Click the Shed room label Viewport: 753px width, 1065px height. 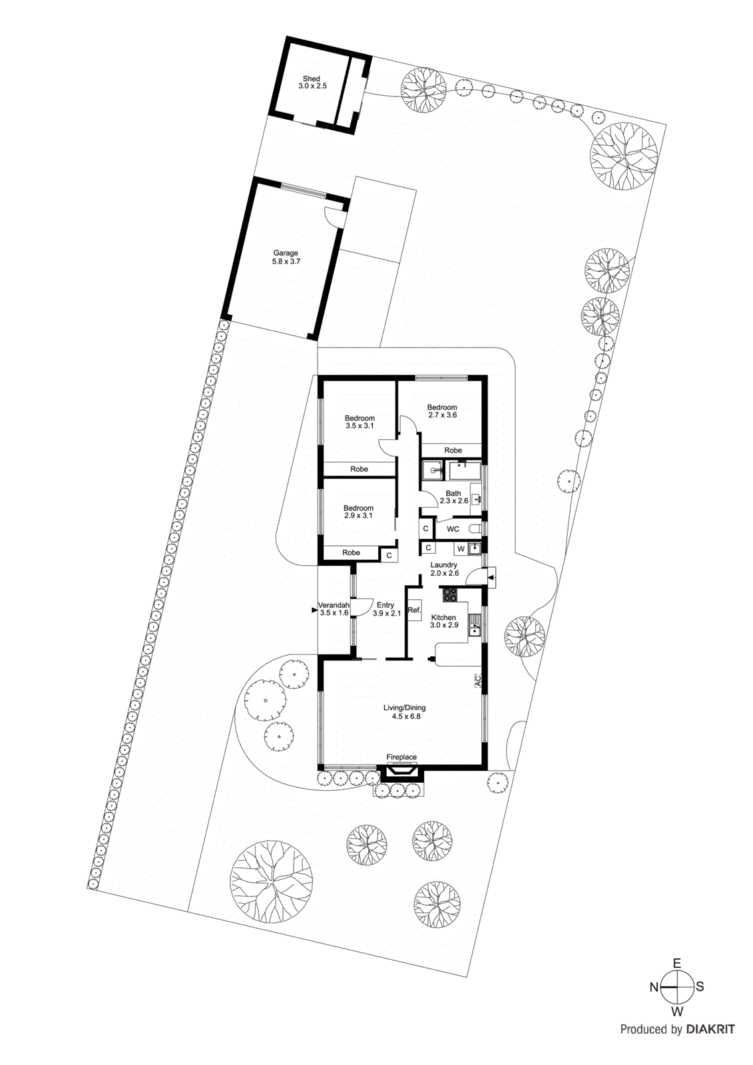tap(312, 83)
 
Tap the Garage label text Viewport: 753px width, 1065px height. tap(286, 258)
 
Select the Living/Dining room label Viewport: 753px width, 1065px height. tap(404, 712)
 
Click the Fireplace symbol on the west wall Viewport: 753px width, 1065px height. tap(401, 771)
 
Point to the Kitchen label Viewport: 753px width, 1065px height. tap(443, 621)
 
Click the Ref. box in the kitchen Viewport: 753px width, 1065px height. tap(414, 610)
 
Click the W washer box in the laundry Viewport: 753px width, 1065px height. tap(461, 549)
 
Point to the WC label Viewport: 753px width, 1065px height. tap(453, 530)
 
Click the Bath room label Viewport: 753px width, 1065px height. tap(453, 497)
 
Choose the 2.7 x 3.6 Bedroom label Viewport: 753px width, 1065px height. tap(442, 411)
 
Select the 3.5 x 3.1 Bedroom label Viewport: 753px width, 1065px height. tap(360, 422)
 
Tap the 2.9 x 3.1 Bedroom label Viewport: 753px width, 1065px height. tap(358, 512)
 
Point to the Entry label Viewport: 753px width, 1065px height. tap(385, 609)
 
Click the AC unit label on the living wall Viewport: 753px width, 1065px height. tap(477, 681)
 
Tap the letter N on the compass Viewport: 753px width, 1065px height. tap(654, 987)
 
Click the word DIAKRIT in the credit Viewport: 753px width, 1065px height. tap(710, 1030)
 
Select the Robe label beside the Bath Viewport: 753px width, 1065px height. tap(453, 451)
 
